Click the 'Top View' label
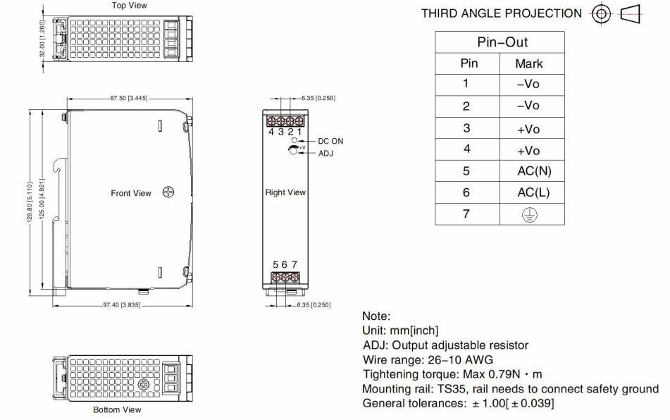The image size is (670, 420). pyautogui.click(x=129, y=6)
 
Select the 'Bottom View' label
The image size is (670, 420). pyautogui.click(x=117, y=409)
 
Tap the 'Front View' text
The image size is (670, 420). pyautogui.click(x=131, y=193)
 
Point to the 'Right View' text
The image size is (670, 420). pyautogui.click(x=285, y=192)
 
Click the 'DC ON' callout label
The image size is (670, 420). pyautogui.click(x=330, y=141)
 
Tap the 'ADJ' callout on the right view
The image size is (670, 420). pyautogui.click(x=326, y=154)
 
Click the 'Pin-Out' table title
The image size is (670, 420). pyautogui.click(x=502, y=42)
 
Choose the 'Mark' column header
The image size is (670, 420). pyautogui.click(x=528, y=63)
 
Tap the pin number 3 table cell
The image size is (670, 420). pyautogui.click(x=466, y=128)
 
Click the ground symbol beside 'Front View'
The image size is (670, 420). pyautogui.click(x=168, y=192)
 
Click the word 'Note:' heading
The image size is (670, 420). pyautogui.click(x=376, y=317)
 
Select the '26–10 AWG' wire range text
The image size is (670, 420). pyautogui.click(x=459, y=359)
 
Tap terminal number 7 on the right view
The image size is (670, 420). pyautogui.click(x=294, y=265)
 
